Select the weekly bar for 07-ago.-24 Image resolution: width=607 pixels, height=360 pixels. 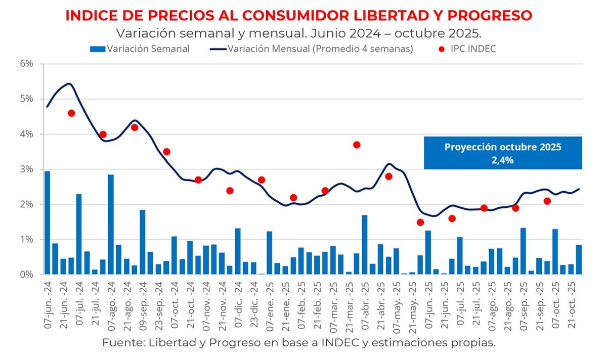click(x=110, y=224)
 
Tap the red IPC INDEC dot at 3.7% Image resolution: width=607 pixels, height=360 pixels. click(x=357, y=145)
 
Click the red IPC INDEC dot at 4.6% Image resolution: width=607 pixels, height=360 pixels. click(x=71, y=113)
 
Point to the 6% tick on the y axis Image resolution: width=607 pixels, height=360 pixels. click(x=27, y=64)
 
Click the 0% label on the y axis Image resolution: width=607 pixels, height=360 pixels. click(x=27, y=275)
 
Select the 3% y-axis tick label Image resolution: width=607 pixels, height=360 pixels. click(x=27, y=169)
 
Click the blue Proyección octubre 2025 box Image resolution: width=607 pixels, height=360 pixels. click(x=503, y=152)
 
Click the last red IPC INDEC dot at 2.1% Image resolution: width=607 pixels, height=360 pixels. click(x=547, y=201)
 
